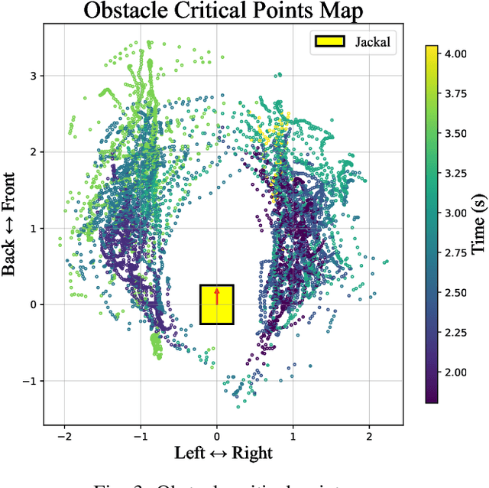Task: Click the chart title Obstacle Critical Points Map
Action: pyautogui.click(x=222, y=11)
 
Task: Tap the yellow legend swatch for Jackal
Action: pyautogui.click(x=329, y=42)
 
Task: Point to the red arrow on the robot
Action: pyautogui.click(x=217, y=297)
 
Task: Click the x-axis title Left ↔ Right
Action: pyautogui.click(x=222, y=453)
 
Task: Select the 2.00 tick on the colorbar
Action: pyautogui.click(x=457, y=372)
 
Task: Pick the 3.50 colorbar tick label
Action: pyautogui.click(x=457, y=133)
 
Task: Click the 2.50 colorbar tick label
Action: pyautogui.click(x=457, y=292)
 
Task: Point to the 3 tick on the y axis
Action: pyautogui.click(x=33, y=76)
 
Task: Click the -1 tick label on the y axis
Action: pyautogui.click(x=30, y=381)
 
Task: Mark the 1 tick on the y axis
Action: pyautogui.click(x=33, y=228)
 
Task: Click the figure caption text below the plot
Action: pyautogui.click(x=222, y=481)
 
